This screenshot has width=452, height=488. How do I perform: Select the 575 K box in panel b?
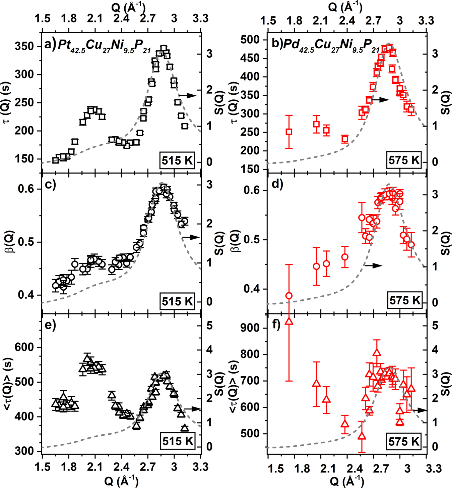point(404,160)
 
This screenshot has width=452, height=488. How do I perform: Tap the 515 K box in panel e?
point(177,441)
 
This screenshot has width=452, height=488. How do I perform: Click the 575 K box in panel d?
point(404,300)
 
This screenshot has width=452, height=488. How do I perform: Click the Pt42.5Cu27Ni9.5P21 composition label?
point(108,46)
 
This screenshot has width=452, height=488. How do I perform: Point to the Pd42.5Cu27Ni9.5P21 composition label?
point(332,46)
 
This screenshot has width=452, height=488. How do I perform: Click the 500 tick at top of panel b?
point(251,40)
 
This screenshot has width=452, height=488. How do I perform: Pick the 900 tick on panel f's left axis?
point(251,328)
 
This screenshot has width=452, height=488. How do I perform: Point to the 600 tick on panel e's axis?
point(25,347)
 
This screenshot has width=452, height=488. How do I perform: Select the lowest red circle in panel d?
point(289,296)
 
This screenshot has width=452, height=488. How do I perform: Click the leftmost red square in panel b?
point(289,132)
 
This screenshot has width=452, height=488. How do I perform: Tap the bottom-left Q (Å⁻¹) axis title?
point(121,481)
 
